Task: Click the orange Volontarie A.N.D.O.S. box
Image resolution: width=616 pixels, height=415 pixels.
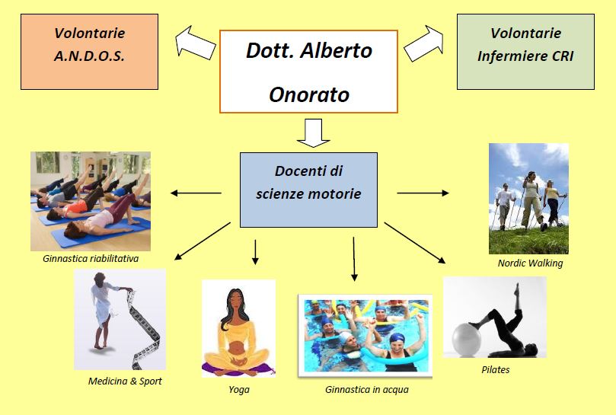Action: point(90,52)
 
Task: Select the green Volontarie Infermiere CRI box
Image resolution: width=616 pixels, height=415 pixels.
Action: point(525,52)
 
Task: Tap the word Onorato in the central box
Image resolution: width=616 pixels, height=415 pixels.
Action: point(309,94)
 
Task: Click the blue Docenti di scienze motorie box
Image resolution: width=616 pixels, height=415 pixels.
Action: point(309,190)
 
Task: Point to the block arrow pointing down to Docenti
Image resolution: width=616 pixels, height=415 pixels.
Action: point(313,133)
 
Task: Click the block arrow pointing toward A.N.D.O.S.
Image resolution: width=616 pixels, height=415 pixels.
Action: point(195,43)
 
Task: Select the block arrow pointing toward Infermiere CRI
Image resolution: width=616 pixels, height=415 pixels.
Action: point(424,43)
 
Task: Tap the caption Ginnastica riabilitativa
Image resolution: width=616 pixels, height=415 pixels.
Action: point(91,259)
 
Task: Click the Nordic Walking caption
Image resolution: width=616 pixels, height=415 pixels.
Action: point(531,263)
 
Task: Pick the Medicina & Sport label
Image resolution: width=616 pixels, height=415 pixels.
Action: point(125,381)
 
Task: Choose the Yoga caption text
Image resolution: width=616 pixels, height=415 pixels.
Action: point(239,389)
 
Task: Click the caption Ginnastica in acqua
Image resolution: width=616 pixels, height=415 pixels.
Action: point(367,389)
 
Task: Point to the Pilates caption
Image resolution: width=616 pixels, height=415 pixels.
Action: point(496,369)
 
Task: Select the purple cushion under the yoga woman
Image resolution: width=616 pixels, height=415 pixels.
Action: point(238,369)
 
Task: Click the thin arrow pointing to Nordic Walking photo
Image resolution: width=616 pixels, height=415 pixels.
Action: point(423,193)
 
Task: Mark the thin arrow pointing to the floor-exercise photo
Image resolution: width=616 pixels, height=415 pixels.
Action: point(196,193)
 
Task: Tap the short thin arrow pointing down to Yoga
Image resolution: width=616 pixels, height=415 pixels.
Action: point(255,252)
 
